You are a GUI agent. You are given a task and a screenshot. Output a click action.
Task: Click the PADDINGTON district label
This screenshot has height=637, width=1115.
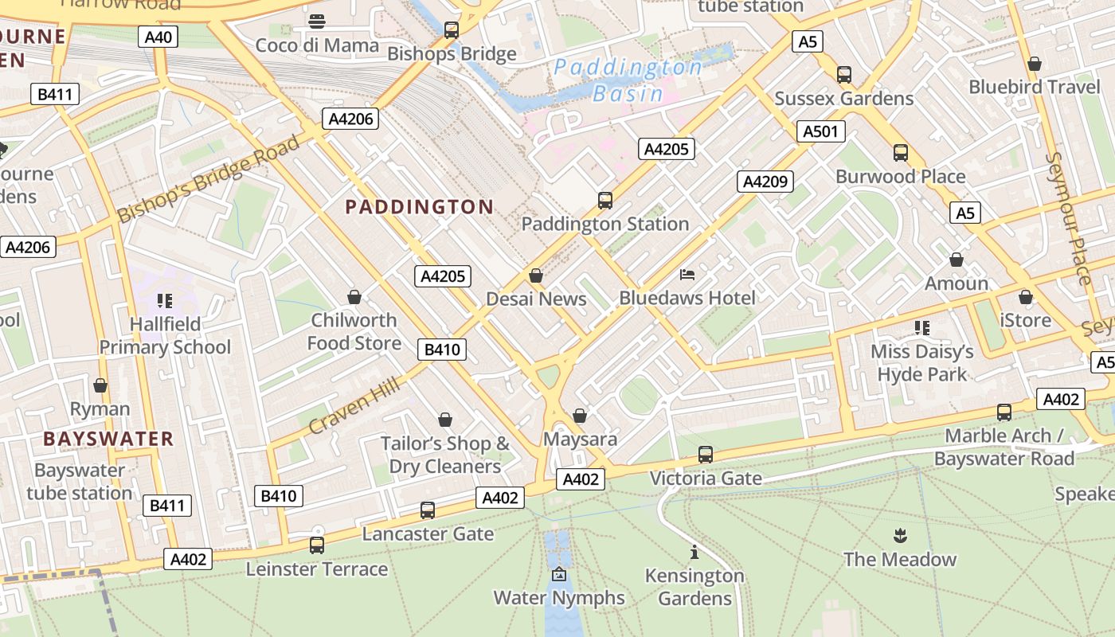[x=420, y=207]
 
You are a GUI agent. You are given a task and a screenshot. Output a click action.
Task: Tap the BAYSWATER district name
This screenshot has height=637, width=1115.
[x=108, y=439]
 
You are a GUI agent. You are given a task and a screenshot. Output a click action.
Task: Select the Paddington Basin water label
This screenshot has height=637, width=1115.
[x=628, y=80]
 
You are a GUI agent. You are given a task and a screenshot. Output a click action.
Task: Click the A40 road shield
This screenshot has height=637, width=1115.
[x=158, y=37]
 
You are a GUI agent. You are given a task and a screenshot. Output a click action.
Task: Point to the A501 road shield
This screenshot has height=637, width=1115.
[x=820, y=131]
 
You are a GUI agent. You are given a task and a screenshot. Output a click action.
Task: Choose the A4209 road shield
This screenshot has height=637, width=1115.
[x=765, y=182]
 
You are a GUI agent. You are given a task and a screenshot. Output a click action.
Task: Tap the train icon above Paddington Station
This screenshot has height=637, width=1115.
[x=605, y=201]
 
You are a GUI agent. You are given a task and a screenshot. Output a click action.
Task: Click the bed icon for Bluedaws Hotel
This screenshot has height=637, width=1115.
[x=687, y=275]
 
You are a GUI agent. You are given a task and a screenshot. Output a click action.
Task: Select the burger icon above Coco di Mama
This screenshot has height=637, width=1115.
[x=317, y=21]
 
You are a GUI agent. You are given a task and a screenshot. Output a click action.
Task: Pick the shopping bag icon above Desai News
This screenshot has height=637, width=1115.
[x=536, y=276]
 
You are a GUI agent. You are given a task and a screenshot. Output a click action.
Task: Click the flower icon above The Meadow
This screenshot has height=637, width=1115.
[x=900, y=536]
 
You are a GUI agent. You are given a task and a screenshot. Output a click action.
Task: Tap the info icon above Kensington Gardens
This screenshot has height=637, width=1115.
[x=694, y=552]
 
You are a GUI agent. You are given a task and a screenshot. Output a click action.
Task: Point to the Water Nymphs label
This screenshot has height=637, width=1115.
[x=559, y=597]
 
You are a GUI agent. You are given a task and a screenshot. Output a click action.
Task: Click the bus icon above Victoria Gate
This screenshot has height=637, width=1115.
[x=706, y=455]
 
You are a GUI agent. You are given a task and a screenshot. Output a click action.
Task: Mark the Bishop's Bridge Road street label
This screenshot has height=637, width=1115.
[x=209, y=179]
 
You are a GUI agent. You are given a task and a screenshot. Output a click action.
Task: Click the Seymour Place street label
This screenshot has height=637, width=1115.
[x=1068, y=218]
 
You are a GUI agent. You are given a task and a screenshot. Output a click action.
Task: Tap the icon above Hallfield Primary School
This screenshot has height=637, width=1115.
[x=165, y=301]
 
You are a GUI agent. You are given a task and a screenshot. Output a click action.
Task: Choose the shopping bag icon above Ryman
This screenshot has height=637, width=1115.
[x=100, y=386]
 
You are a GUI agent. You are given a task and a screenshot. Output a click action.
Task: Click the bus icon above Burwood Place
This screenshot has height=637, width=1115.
[x=901, y=153]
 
